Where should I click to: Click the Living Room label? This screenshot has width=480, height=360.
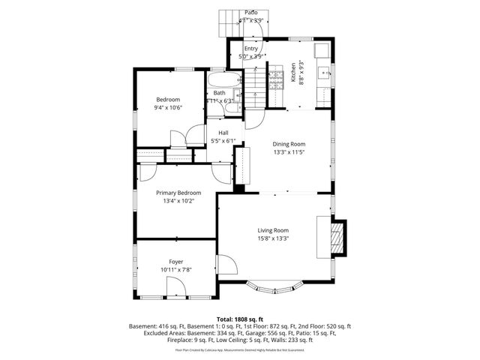(x=273, y=230)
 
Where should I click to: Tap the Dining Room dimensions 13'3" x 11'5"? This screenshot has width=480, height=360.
(x=289, y=152)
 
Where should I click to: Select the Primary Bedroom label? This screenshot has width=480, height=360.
(x=178, y=193)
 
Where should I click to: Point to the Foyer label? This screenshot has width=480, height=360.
(x=176, y=261)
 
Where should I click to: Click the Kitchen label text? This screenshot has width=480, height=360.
(x=293, y=72)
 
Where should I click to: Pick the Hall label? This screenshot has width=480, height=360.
(x=223, y=133)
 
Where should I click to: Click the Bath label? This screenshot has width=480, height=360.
(x=219, y=93)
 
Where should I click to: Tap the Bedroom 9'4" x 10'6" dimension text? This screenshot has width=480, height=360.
(x=169, y=107)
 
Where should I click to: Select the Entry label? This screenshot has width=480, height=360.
(x=250, y=49)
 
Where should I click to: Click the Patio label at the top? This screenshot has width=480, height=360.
(x=251, y=13)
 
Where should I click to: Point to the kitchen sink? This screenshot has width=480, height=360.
(x=325, y=73)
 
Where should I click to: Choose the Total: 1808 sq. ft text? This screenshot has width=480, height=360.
(x=239, y=319)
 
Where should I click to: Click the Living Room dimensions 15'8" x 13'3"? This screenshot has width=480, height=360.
(x=273, y=238)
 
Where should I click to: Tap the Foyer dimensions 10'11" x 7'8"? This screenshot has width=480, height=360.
(x=176, y=269)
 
